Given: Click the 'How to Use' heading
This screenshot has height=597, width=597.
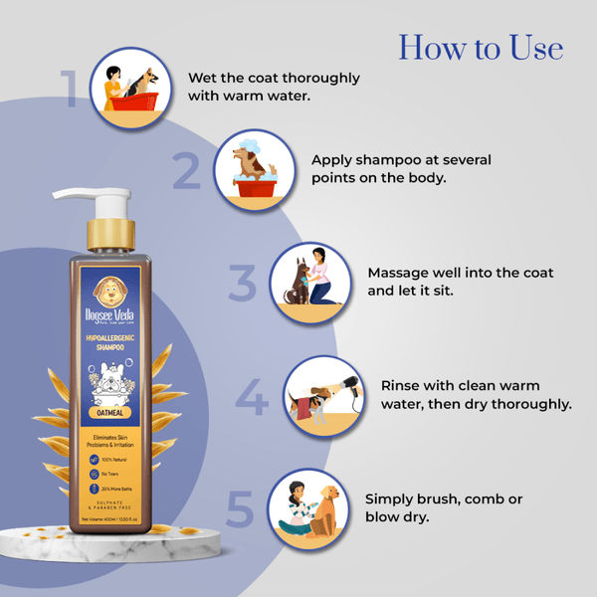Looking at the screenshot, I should pyautogui.click(x=481, y=47).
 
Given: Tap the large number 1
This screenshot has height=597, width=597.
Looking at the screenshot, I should pyautogui.click(x=72, y=88).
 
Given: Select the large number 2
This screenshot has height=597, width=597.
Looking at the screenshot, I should pyautogui.click(x=186, y=171).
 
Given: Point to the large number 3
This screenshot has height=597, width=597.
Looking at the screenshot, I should pyautogui.click(x=242, y=284).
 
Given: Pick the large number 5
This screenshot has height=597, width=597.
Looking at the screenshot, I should pyautogui.click(x=240, y=507).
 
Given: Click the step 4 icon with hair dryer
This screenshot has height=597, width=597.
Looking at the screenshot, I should pyautogui.click(x=322, y=395).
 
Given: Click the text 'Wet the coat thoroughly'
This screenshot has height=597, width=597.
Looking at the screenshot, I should pyautogui.click(x=274, y=78).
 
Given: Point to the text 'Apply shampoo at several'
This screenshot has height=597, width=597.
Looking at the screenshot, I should pyautogui.click(x=401, y=159).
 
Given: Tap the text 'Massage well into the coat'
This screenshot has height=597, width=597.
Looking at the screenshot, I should pyautogui.click(x=461, y=272).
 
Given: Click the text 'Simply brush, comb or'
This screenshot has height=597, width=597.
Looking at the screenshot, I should pyautogui.click(x=444, y=497).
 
